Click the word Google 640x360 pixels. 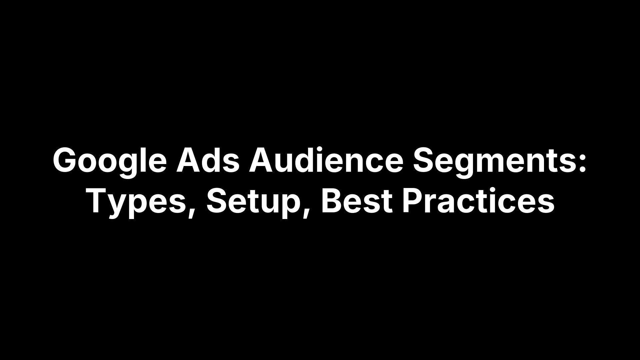(x=110, y=161)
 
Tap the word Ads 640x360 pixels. (x=207, y=161)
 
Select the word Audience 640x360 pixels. (x=326, y=161)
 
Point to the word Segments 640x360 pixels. (x=494, y=161)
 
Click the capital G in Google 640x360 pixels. (x=66, y=161)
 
